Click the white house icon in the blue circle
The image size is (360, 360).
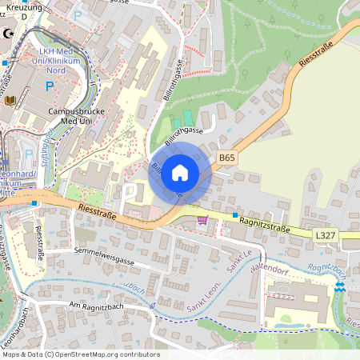tap(180, 172)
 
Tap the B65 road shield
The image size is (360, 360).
tap(227, 158)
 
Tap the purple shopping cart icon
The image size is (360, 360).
tap(202, 220)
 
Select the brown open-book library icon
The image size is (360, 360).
tap(10, 100)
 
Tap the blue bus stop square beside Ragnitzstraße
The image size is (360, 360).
tap(235, 215)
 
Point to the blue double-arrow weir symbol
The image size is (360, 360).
tap(341, 286)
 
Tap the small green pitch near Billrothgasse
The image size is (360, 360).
tap(187, 118)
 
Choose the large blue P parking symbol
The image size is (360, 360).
tap(50, 86)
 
